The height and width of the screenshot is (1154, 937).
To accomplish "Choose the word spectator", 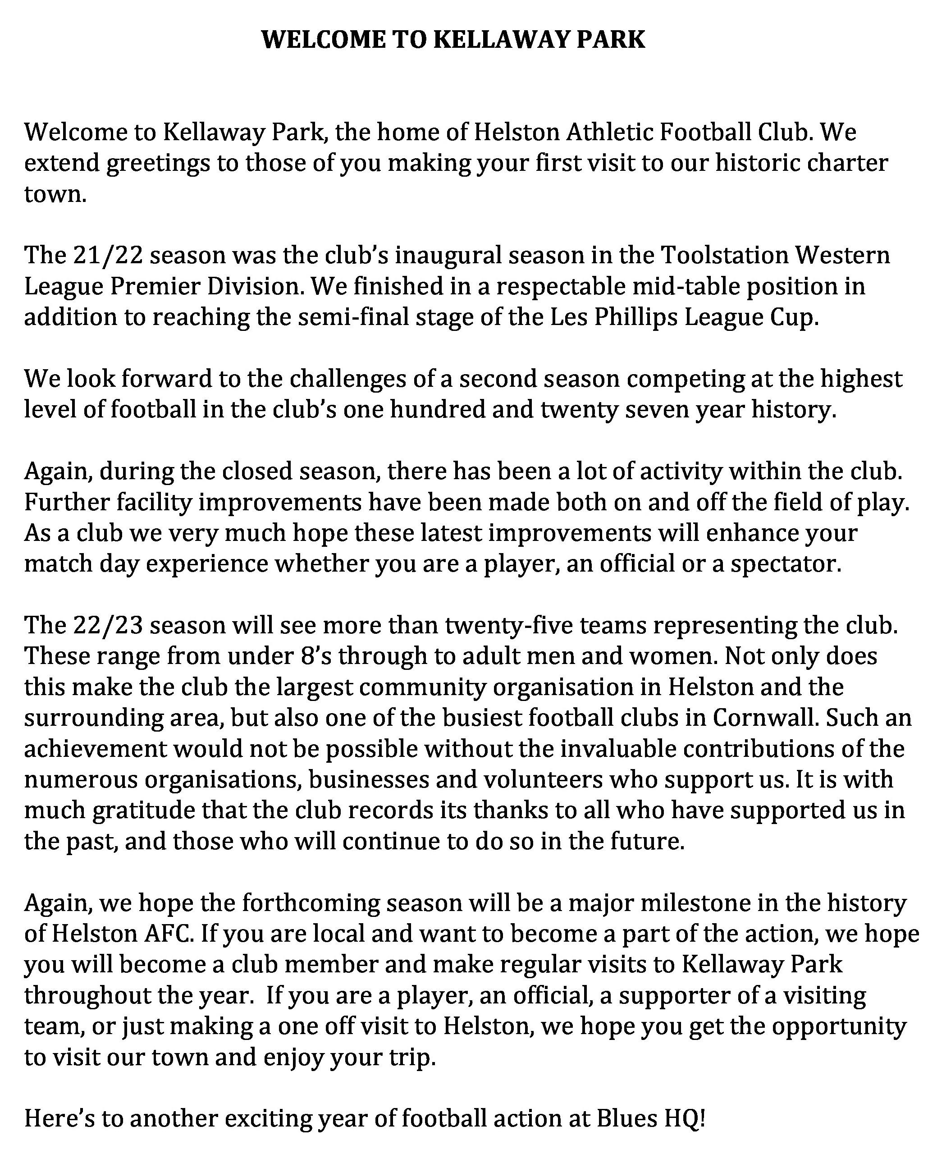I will click(785, 564).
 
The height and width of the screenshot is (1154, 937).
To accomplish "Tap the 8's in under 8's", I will click(314, 656).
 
